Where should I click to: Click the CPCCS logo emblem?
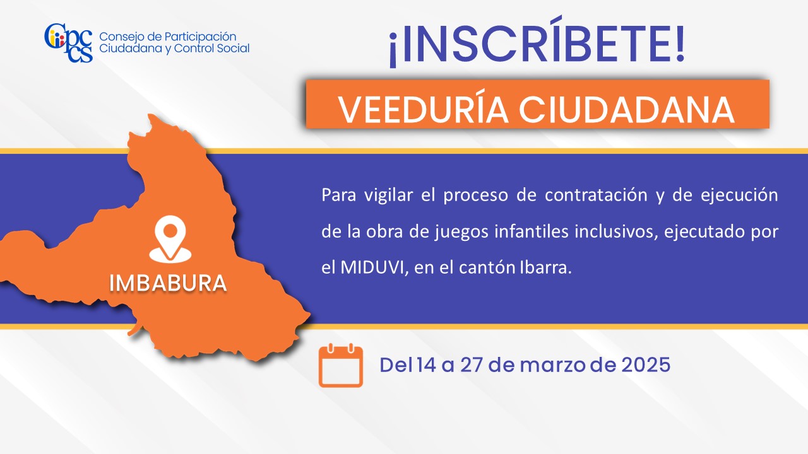pos(69,42)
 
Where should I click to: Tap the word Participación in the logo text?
pos(200,37)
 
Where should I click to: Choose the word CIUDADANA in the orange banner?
pos(627,109)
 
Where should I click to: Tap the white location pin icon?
pos(170,239)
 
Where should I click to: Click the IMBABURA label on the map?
pos(168,283)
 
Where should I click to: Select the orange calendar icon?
pos(340,365)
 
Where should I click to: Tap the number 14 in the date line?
pos(426,364)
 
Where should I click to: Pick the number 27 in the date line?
pos(472,364)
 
